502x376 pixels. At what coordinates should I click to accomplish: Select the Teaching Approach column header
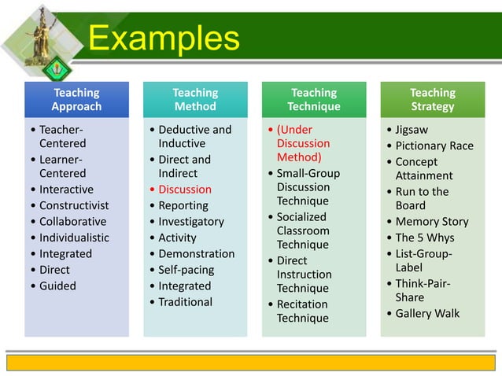pyautogui.click(x=76, y=99)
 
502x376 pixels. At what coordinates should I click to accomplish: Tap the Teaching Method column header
pyautogui.click(x=195, y=99)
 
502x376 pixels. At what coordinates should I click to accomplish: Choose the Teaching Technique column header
pyautogui.click(x=314, y=99)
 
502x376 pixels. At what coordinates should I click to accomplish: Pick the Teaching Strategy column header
pyautogui.click(x=432, y=99)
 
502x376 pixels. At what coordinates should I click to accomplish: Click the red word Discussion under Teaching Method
pyautogui.click(x=185, y=190)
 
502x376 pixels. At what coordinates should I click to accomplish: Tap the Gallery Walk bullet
pyautogui.click(x=427, y=314)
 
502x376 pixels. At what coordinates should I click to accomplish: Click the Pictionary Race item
pyautogui.click(x=434, y=146)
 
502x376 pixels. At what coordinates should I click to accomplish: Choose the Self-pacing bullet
pyautogui.click(x=186, y=270)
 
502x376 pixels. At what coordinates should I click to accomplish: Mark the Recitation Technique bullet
pyautogui.click(x=303, y=311)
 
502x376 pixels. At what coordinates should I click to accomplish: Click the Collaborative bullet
pyautogui.click(x=73, y=222)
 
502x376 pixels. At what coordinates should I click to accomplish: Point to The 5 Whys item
pyautogui.click(x=425, y=238)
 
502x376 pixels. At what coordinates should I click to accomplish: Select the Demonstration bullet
pyautogui.click(x=196, y=254)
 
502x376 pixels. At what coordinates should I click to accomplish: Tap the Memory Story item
pyautogui.click(x=431, y=222)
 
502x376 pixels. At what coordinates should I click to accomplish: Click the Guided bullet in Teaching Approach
pyautogui.click(x=57, y=286)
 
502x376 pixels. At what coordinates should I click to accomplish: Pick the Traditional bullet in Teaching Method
pyautogui.click(x=185, y=302)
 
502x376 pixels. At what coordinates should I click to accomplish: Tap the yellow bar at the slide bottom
pyautogui.click(x=251, y=362)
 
